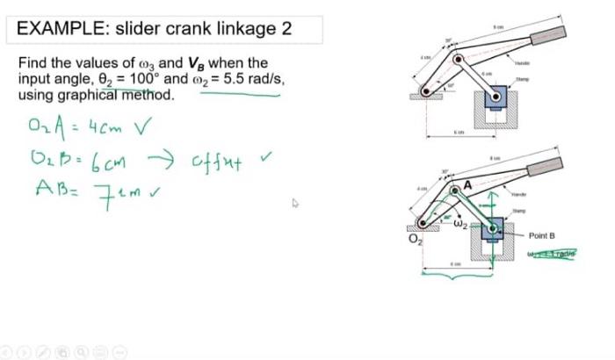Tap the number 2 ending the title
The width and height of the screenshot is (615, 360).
tap(286, 28)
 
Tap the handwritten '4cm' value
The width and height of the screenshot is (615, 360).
tap(108, 128)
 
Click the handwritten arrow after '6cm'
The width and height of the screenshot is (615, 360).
tap(162, 160)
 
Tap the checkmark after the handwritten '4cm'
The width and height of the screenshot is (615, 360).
tap(141, 128)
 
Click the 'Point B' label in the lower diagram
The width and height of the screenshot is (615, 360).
tap(542, 236)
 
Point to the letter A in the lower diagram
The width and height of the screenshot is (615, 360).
tap(467, 185)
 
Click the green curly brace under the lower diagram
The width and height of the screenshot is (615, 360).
tap(457, 277)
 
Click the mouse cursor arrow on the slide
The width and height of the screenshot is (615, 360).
tap(295, 203)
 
